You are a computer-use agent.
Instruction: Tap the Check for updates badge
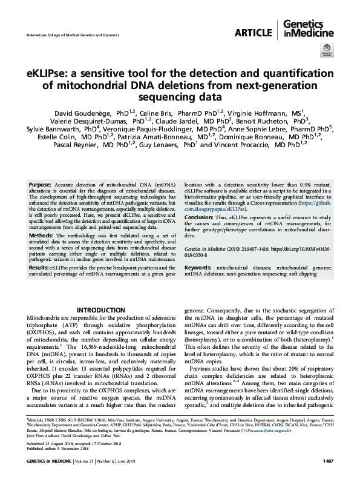point(326,55)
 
